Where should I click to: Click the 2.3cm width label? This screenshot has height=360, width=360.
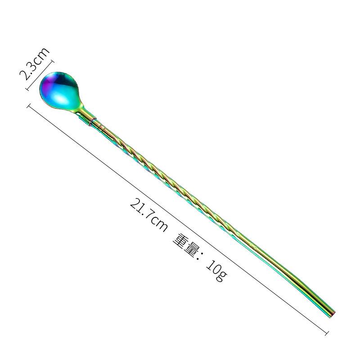point(35,63)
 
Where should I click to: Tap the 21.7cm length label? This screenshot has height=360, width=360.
point(149,215)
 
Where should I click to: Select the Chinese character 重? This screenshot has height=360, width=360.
point(182,243)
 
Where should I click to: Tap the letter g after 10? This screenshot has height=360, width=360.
point(221,275)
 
